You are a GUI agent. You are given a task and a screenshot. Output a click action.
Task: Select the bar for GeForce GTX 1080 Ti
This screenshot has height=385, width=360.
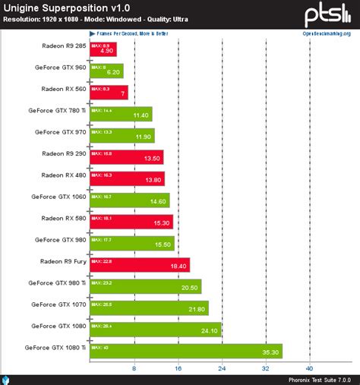pyautogui.click(x=185, y=351)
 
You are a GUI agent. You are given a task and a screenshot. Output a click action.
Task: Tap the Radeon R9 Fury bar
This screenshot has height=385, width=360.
pyautogui.click(x=139, y=264)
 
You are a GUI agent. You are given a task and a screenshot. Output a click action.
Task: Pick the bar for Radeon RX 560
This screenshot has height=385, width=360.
pyautogui.click(x=109, y=93)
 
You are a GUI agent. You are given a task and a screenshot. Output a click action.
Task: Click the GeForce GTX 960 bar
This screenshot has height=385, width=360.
pyautogui.click(x=106, y=71)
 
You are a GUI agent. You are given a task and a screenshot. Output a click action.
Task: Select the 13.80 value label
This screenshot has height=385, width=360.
pyautogui.click(x=152, y=180)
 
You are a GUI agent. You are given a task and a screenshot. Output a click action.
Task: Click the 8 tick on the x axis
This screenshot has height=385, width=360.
pyautogui.click(x=134, y=369)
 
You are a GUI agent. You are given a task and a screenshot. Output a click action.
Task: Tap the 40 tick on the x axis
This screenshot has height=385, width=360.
pyautogui.click(x=310, y=369)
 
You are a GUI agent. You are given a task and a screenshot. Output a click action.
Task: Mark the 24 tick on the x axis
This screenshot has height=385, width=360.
pyautogui.click(x=222, y=369)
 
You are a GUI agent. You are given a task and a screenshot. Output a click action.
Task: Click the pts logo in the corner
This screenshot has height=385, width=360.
pyautogui.click(x=327, y=15)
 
